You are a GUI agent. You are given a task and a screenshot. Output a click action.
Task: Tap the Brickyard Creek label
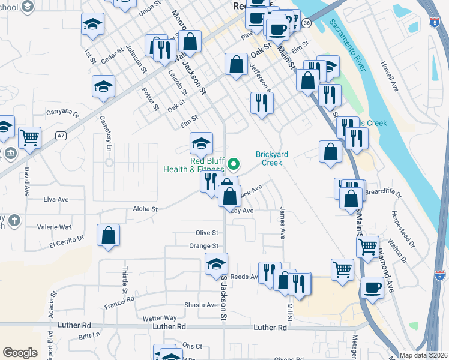click(272, 158)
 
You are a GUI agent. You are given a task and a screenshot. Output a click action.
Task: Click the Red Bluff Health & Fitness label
click(198, 164)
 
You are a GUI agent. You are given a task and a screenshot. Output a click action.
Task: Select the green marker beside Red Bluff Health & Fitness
click(235, 163)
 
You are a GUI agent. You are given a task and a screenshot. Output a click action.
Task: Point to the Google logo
click(20, 353)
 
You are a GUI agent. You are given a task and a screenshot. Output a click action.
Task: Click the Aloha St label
click(145, 209)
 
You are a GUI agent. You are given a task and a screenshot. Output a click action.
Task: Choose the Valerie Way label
click(55, 227)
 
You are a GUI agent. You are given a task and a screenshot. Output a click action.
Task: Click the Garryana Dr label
click(63, 112)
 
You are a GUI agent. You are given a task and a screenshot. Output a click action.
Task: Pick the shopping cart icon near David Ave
click(29, 138)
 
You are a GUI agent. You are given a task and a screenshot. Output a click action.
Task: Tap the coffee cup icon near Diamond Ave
click(372, 287)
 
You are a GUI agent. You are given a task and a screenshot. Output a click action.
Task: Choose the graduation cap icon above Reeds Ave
click(217, 265)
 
